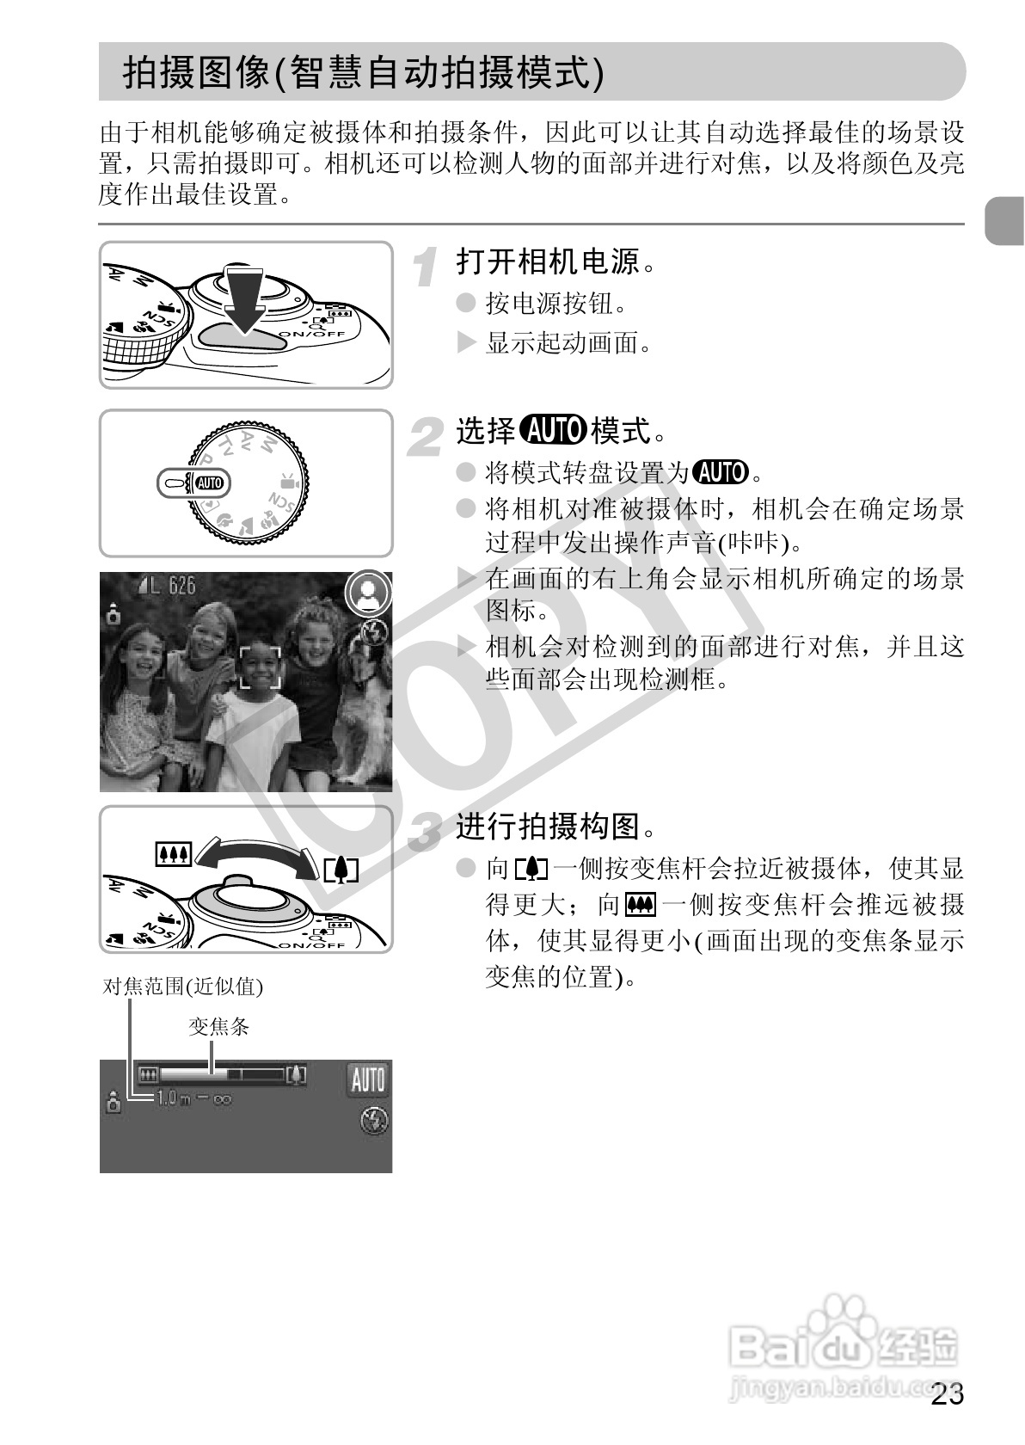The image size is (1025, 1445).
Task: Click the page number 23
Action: tap(947, 1395)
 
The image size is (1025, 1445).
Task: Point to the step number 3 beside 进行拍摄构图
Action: tap(424, 831)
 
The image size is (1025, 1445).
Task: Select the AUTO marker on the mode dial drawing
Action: tap(210, 483)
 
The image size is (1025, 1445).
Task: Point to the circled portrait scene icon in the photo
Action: tap(369, 593)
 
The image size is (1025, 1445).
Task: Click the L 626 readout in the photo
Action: tap(167, 587)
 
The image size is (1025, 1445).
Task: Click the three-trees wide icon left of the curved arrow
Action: tap(173, 854)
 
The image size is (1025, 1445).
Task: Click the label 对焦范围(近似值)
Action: tap(182, 987)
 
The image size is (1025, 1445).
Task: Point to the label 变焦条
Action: tap(218, 1027)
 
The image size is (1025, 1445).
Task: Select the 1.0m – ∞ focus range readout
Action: tap(193, 1098)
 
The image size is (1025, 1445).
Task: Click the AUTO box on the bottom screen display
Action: tap(367, 1079)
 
